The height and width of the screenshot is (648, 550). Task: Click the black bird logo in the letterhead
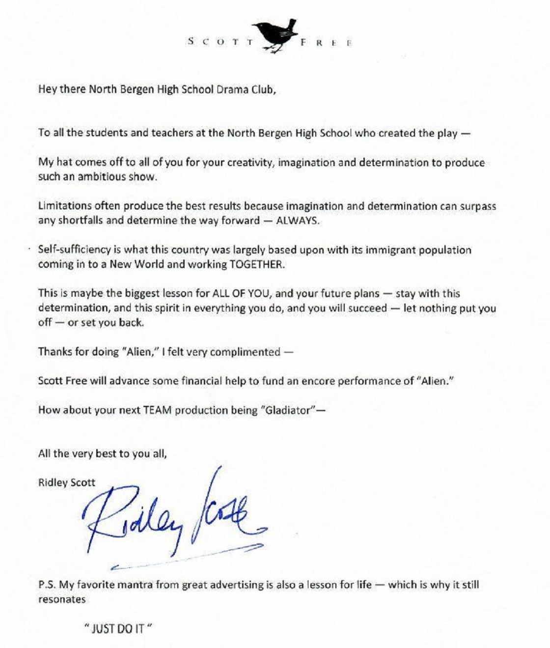point(277,35)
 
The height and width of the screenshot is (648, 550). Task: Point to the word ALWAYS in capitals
point(297,221)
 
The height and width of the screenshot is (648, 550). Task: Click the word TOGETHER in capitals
point(256,264)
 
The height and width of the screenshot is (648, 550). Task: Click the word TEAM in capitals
point(157,410)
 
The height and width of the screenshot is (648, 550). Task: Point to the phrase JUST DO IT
point(116,629)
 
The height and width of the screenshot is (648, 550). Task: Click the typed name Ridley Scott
point(67,482)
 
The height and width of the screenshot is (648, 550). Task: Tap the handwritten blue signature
point(172,516)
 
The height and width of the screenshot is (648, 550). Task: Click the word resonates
point(62,600)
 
